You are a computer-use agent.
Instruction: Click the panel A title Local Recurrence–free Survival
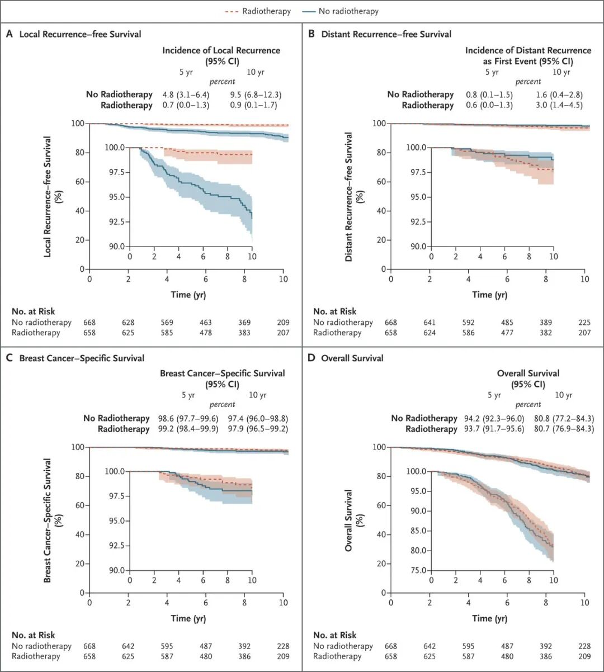click(x=80, y=34)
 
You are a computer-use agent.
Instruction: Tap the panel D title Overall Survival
click(x=352, y=358)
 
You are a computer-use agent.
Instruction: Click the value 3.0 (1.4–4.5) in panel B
click(x=559, y=105)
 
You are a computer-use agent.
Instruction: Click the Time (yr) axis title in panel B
click(x=489, y=295)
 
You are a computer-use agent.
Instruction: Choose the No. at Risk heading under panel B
click(x=334, y=311)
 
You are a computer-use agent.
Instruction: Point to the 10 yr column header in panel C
click(x=257, y=395)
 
